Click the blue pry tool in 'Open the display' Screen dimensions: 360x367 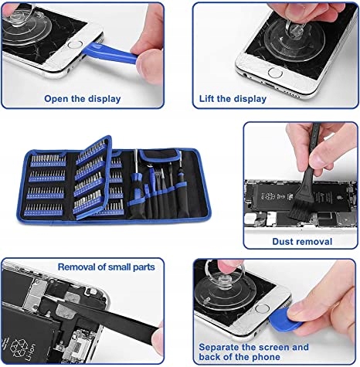110,53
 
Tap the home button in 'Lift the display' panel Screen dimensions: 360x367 275,73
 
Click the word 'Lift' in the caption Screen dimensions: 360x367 207,99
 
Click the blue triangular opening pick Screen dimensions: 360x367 285,319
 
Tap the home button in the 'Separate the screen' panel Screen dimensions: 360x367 263,308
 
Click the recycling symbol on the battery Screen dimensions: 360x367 19,348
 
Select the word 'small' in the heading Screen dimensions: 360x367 119,267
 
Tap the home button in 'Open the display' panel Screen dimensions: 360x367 75,44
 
